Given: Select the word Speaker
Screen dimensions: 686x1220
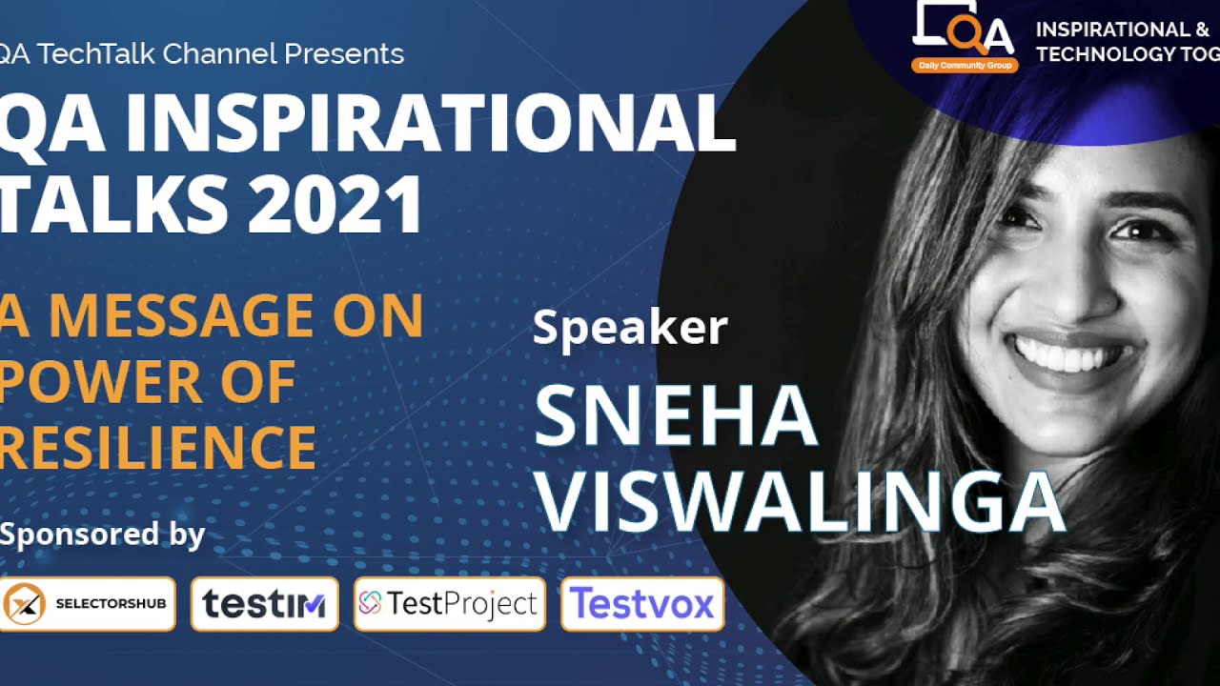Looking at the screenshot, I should (x=630, y=328).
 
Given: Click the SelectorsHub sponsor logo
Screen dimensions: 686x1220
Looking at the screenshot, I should (x=88, y=604).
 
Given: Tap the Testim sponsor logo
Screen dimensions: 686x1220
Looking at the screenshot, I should (x=264, y=604).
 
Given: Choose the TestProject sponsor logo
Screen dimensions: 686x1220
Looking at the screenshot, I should (x=449, y=604).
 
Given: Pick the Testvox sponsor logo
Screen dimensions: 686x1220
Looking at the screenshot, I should (x=641, y=604).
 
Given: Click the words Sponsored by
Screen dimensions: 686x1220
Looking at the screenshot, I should (x=103, y=534).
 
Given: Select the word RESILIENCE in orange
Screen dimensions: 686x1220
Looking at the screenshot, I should (x=158, y=447).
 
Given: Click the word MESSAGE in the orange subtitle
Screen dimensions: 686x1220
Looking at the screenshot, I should (x=181, y=316).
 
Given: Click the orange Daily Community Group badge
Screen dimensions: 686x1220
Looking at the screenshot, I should (x=965, y=66).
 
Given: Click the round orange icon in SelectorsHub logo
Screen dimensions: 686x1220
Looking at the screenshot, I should (x=25, y=604).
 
